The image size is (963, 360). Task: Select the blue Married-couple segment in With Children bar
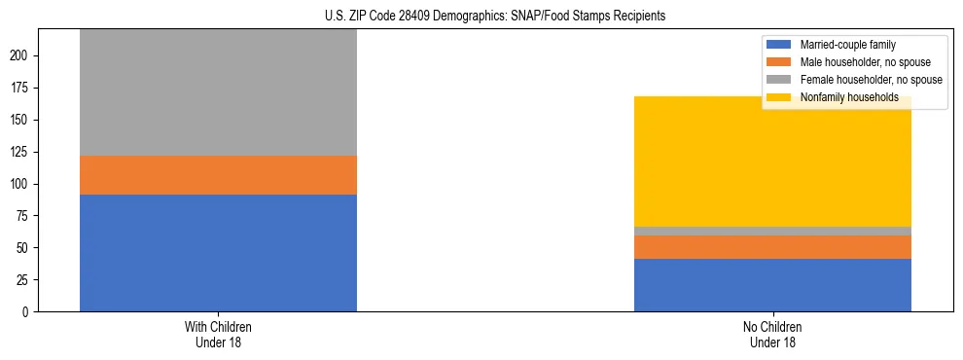click(x=218, y=253)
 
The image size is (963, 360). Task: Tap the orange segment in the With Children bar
click(x=218, y=175)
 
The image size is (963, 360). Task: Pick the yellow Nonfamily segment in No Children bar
click(x=772, y=162)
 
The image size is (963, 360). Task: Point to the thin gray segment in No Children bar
click(x=772, y=231)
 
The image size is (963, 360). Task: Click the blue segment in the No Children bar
click(x=772, y=285)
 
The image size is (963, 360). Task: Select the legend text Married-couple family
click(x=847, y=45)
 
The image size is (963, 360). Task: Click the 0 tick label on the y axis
click(x=28, y=311)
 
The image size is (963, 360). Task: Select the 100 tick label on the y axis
click(x=22, y=184)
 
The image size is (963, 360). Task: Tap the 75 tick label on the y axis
click(x=25, y=216)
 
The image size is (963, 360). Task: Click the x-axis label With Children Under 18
click(x=218, y=334)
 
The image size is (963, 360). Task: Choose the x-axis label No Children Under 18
click(x=772, y=334)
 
